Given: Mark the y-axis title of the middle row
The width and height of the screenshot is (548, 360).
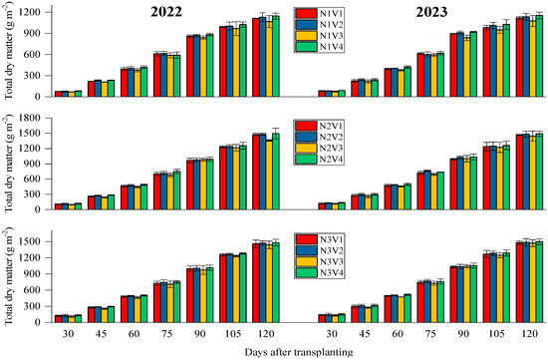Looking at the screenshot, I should pos(9,165).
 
